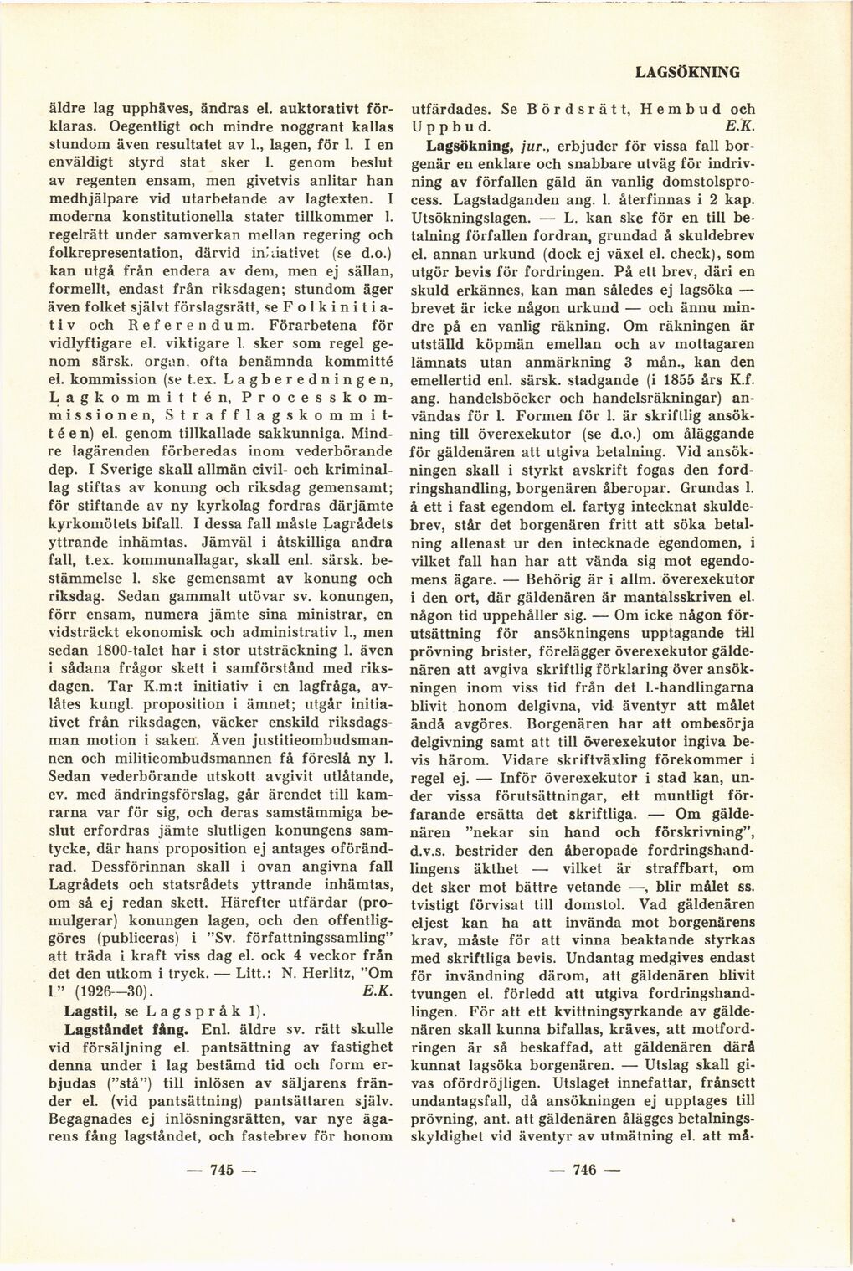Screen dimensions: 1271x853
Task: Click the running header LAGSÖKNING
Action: tap(687, 72)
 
